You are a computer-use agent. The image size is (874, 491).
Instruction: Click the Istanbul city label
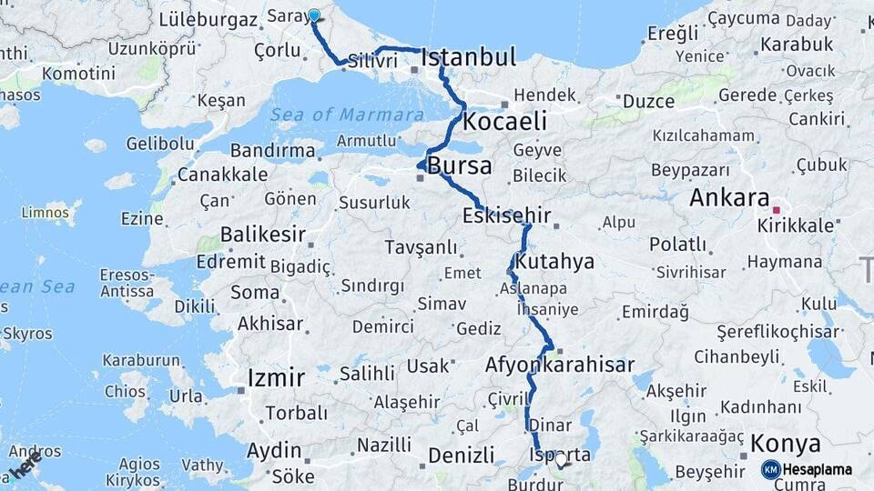coord(469,57)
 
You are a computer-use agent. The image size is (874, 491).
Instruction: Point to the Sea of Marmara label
coord(347,115)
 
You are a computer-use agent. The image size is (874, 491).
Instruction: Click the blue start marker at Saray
coord(314,15)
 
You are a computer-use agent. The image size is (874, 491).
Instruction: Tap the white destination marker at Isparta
coord(561,460)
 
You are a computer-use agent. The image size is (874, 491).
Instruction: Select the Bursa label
coord(459,166)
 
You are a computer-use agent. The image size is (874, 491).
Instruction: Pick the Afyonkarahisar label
coord(560,365)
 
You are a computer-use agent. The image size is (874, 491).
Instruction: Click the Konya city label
coord(785,445)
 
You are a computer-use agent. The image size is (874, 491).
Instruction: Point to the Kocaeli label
coord(504,121)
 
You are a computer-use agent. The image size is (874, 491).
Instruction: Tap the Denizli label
coord(460,455)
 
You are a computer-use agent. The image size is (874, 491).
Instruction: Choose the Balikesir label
coord(262,235)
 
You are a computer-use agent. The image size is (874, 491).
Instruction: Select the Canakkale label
coord(222,174)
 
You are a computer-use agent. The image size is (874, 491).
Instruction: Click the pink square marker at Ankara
coord(775,197)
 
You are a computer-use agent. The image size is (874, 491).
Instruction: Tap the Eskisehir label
coord(506,216)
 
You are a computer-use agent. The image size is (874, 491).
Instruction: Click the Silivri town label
coord(371,62)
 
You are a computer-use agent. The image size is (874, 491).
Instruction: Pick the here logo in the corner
coord(25,465)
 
